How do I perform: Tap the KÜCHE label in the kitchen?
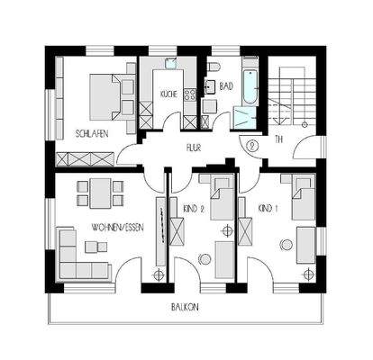[168, 94]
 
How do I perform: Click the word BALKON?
[186, 306]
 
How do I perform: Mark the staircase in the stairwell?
[290, 99]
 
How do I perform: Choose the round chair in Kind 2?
[205, 259]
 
